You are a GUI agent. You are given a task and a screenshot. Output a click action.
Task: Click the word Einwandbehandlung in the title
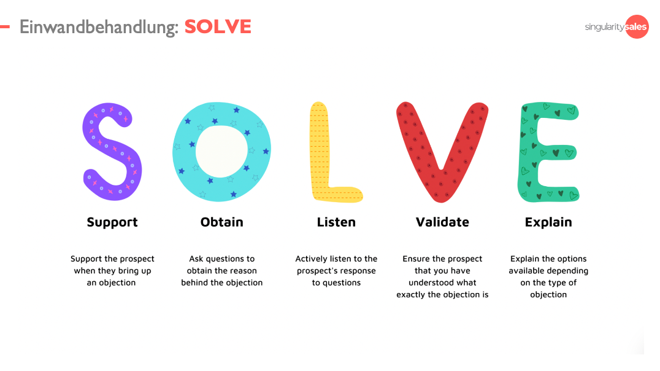99,28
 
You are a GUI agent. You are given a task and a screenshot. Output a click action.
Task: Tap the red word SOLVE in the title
218,26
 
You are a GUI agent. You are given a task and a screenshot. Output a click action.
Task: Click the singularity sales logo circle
637,26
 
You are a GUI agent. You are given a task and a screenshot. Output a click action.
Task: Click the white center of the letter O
221,151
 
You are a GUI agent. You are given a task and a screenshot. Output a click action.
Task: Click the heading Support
112,222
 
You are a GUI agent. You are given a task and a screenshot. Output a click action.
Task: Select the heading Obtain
222,222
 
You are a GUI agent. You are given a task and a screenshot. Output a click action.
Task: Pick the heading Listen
336,222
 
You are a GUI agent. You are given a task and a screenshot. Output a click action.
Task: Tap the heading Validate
442,222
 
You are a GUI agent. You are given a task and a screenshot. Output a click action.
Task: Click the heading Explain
548,222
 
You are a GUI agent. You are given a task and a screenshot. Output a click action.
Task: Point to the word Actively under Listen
311,259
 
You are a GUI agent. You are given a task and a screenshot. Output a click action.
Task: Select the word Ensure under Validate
416,259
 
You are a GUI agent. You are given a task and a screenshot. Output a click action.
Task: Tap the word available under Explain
527,271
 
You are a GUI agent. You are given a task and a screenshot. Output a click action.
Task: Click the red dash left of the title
5,27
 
